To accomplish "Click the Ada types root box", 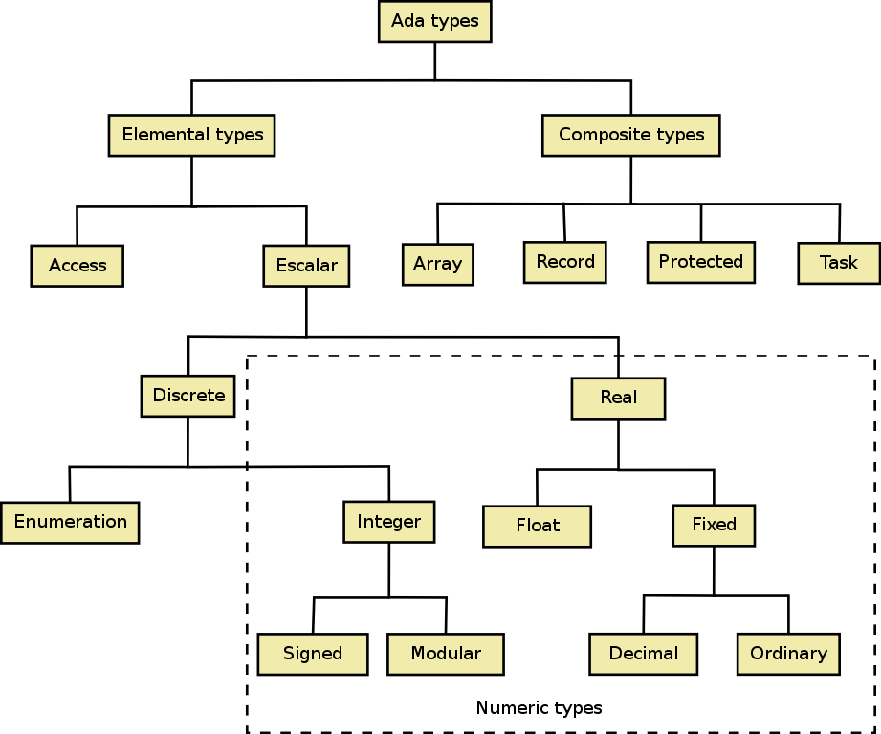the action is click(x=435, y=21).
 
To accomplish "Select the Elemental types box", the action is click(x=191, y=136).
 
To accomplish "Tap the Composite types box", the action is click(x=631, y=136).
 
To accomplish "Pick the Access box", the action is click(x=77, y=266).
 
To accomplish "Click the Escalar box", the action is click(x=306, y=266).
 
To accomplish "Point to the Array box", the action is click(x=438, y=265).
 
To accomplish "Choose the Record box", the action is click(x=564, y=262).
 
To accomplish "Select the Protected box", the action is click(x=700, y=262).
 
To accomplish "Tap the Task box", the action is click(x=839, y=263).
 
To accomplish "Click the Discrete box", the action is click(x=187, y=396).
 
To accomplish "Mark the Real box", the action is click(x=618, y=398).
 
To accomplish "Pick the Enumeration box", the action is click(x=70, y=523).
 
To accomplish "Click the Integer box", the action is click(x=388, y=522).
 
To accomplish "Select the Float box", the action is click(x=537, y=527).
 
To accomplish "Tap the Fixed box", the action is click(x=714, y=526).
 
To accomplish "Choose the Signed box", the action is click(x=313, y=654).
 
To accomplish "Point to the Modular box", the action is click(x=446, y=654).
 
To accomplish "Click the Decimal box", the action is click(x=644, y=654).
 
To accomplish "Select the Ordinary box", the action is click(x=788, y=654).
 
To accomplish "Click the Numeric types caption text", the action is click(x=539, y=708).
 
